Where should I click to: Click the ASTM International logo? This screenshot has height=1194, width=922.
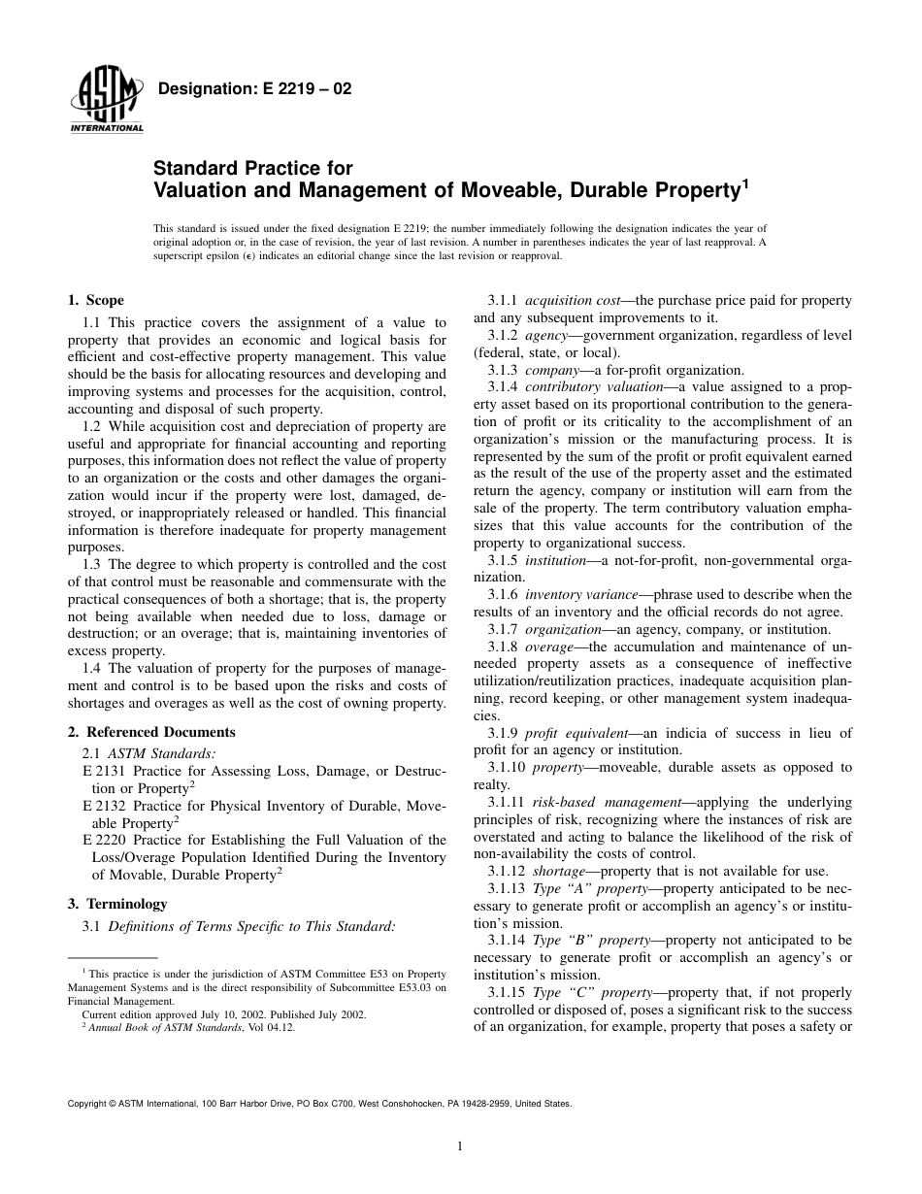click(106, 103)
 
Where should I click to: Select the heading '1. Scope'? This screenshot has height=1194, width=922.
click(95, 301)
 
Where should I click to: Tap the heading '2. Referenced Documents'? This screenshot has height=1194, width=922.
click(151, 732)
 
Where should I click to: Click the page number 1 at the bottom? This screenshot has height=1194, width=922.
click(460, 1146)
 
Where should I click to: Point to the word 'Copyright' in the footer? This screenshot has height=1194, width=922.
click(87, 1104)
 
